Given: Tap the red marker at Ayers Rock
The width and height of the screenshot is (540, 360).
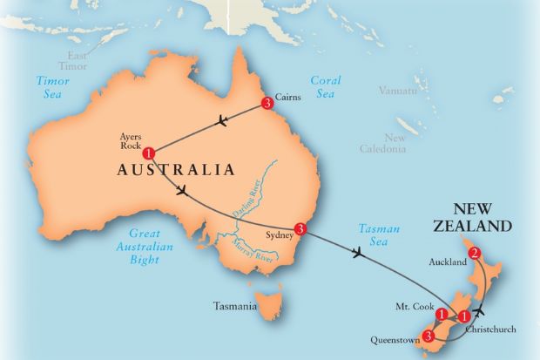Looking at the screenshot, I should click(149, 153).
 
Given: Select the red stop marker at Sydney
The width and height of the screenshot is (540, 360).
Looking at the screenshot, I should click(300, 229).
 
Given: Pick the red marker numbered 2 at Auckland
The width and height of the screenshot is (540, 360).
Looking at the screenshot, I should click(475, 254).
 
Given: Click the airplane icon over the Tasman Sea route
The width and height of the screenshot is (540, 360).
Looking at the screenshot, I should click(357, 254).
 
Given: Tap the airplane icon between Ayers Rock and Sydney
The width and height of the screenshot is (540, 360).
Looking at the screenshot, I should click(182, 192).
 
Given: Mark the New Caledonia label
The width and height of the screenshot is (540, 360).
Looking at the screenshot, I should click(383, 143).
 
